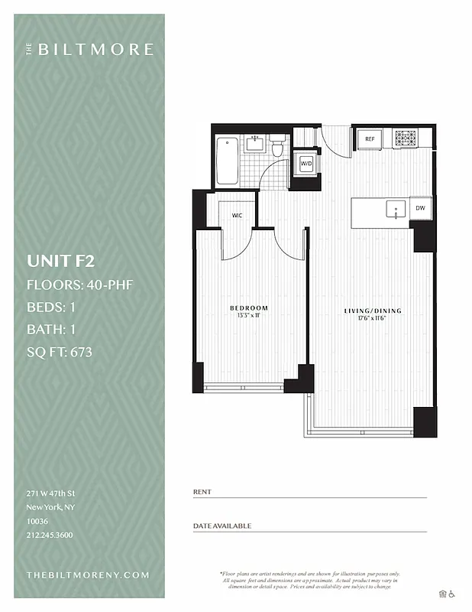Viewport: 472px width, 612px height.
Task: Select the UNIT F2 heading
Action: [x=60, y=260]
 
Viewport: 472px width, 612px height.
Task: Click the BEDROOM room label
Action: [x=249, y=308]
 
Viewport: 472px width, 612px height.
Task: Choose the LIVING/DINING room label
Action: [x=373, y=311]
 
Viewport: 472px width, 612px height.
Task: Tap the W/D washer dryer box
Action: [x=306, y=164]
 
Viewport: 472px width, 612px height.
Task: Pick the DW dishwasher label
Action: [x=420, y=208]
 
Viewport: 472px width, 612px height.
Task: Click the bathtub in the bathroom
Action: [x=227, y=161]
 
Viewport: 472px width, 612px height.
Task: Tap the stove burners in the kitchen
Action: [x=406, y=138]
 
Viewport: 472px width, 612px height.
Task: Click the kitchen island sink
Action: [x=395, y=209]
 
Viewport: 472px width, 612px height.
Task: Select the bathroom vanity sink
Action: [x=254, y=142]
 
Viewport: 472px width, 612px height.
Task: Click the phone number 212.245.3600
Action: [x=49, y=535]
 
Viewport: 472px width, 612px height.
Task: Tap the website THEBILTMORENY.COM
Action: [x=88, y=575]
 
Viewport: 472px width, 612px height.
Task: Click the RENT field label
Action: [x=202, y=492]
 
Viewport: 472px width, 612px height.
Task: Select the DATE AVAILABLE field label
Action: [x=221, y=526]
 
